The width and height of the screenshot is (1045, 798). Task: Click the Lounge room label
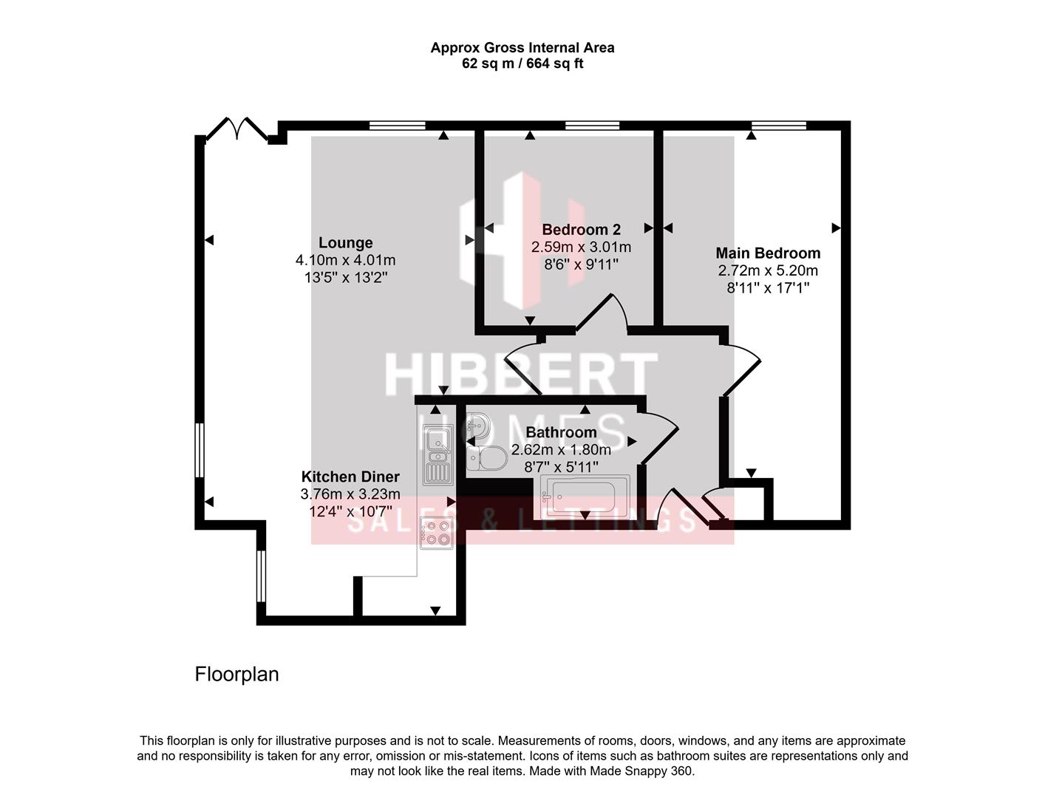(x=345, y=243)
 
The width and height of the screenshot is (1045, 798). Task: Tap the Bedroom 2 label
(x=581, y=229)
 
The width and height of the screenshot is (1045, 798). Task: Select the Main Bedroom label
(x=768, y=253)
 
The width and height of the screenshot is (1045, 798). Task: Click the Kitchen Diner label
(x=350, y=477)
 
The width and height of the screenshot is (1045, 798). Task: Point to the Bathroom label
(x=561, y=432)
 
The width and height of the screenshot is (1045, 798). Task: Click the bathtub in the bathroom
(x=585, y=494)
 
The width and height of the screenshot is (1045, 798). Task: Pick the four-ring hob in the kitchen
(x=437, y=532)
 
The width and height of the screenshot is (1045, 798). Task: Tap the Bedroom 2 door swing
(x=602, y=314)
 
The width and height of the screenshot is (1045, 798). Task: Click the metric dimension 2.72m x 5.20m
(x=768, y=271)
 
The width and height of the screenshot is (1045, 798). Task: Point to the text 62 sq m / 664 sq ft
(x=522, y=64)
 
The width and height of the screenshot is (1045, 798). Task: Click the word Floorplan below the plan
(x=236, y=674)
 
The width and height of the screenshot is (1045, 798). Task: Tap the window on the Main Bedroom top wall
(x=779, y=126)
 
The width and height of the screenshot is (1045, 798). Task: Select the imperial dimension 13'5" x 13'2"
(x=345, y=278)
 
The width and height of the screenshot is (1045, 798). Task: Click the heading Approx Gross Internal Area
(x=522, y=48)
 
